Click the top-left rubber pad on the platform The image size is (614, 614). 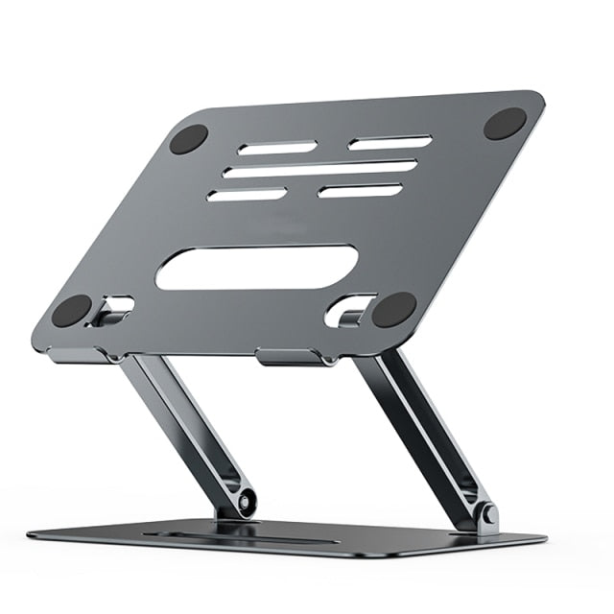(x=189, y=139)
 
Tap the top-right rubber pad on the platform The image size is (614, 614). (x=505, y=123)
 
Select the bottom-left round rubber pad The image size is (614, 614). (x=71, y=311)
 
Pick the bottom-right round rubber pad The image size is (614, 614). (x=393, y=310)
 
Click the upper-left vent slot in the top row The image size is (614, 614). (x=277, y=148)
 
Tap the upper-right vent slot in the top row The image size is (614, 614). (x=390, y=142)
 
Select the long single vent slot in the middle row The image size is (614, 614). (x=320, y=169)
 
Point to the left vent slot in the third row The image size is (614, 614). (x=247, y=195)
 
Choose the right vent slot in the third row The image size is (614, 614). (x=359, y=190)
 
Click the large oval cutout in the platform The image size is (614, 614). (x=256, y=268)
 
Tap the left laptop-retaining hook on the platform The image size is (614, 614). (x=112, y=310)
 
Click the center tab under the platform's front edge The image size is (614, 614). (x=288, y=357)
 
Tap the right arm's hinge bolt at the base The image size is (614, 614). (x=489, y=515)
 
